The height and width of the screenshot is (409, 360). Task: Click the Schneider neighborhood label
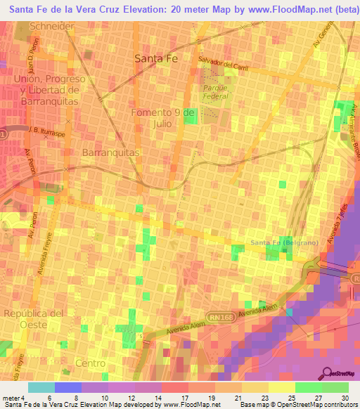click(x=53, y=26)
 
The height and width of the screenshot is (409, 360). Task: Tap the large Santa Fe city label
click(x=156, y=60)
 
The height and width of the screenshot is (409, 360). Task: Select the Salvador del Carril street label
click(x=224, y=63)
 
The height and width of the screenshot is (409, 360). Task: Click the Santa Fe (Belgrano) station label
click(x=284, y=243)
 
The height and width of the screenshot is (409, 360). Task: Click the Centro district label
click(x=90, y=363)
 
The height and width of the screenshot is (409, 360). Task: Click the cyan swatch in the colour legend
click(x=41, y=387)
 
